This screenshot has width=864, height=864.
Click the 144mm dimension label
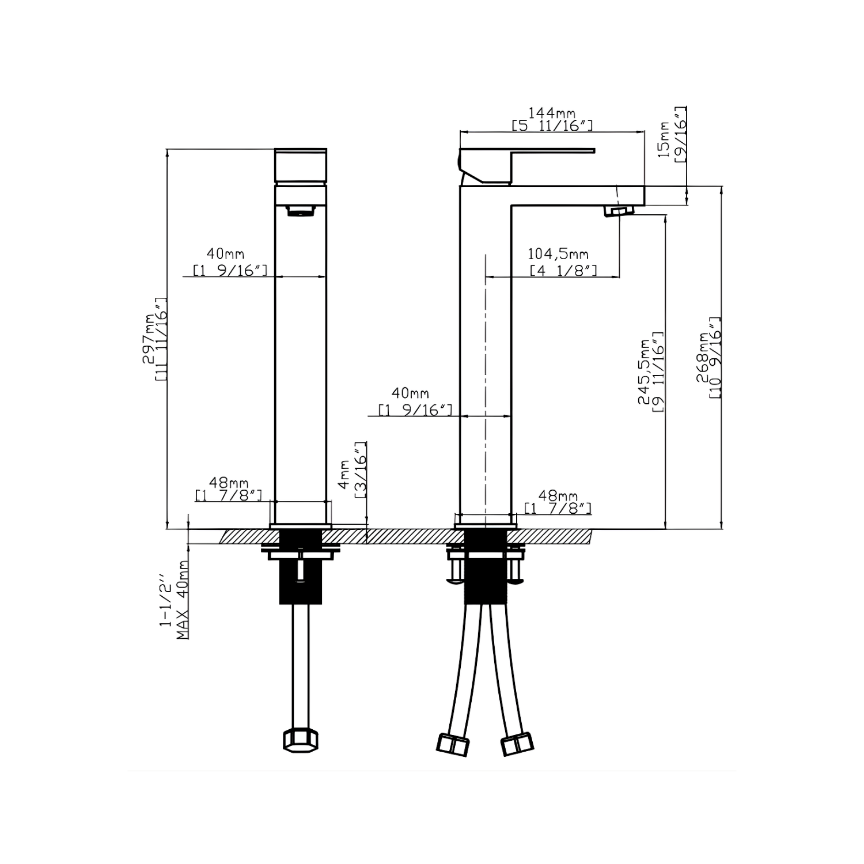[x=552, y=113]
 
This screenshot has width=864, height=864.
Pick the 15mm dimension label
[x=664, y=139]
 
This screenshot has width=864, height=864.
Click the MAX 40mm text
[x=183, y=600]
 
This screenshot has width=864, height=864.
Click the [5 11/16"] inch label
[x=552, y=126]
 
